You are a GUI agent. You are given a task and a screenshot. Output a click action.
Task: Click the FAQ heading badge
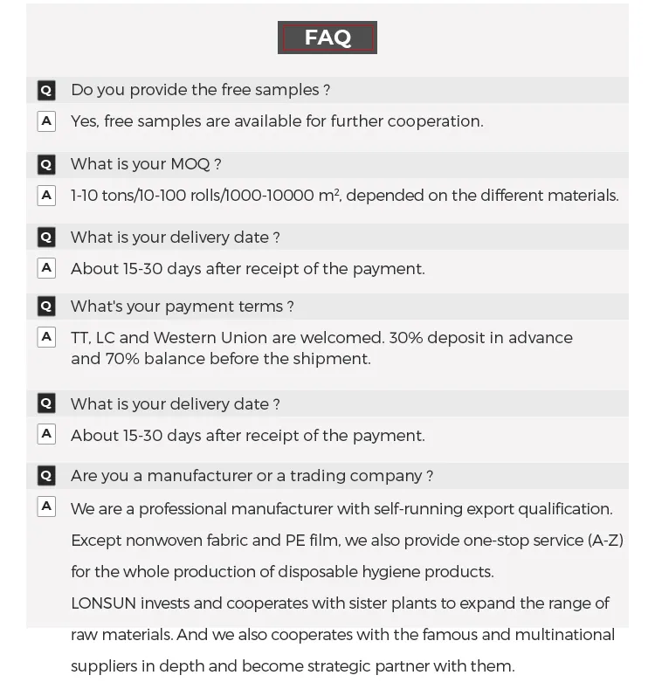(327, 38)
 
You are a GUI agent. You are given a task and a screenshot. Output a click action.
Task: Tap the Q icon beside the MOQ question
(46, 164)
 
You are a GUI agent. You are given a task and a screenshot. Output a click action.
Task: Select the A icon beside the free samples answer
(46, 121)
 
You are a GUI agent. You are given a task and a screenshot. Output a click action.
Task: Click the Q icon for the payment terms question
(46, 307)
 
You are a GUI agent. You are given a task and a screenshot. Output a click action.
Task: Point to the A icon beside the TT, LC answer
(46, 337)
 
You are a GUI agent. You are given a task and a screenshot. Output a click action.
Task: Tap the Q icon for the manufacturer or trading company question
(46, 476)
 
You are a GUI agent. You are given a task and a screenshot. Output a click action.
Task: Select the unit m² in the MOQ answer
(328, 195)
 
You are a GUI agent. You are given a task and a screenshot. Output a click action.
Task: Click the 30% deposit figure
(405, 338)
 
